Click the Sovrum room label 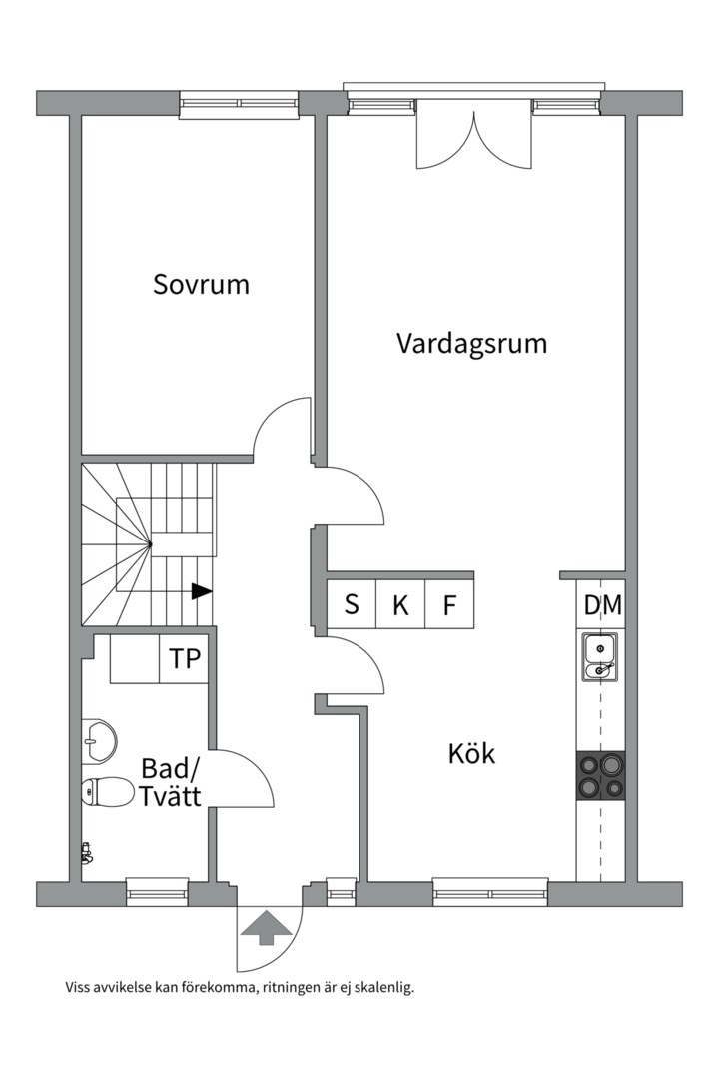point(201,284)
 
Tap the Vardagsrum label point(471,344)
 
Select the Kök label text point(471,753)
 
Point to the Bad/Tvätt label point(171,783)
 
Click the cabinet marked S point(352,605)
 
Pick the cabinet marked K point(400,605)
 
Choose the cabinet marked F point(449,605)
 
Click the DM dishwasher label point(602,605)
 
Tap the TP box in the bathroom point(184,659)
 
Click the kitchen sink point(599,657)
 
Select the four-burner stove point(600,775)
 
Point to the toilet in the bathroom point(107,792)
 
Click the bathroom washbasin point(99,739)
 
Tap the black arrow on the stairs point(202,591)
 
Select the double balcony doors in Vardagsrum point(474,140)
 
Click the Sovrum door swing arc point(280,425)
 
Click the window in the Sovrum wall point(239,102)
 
